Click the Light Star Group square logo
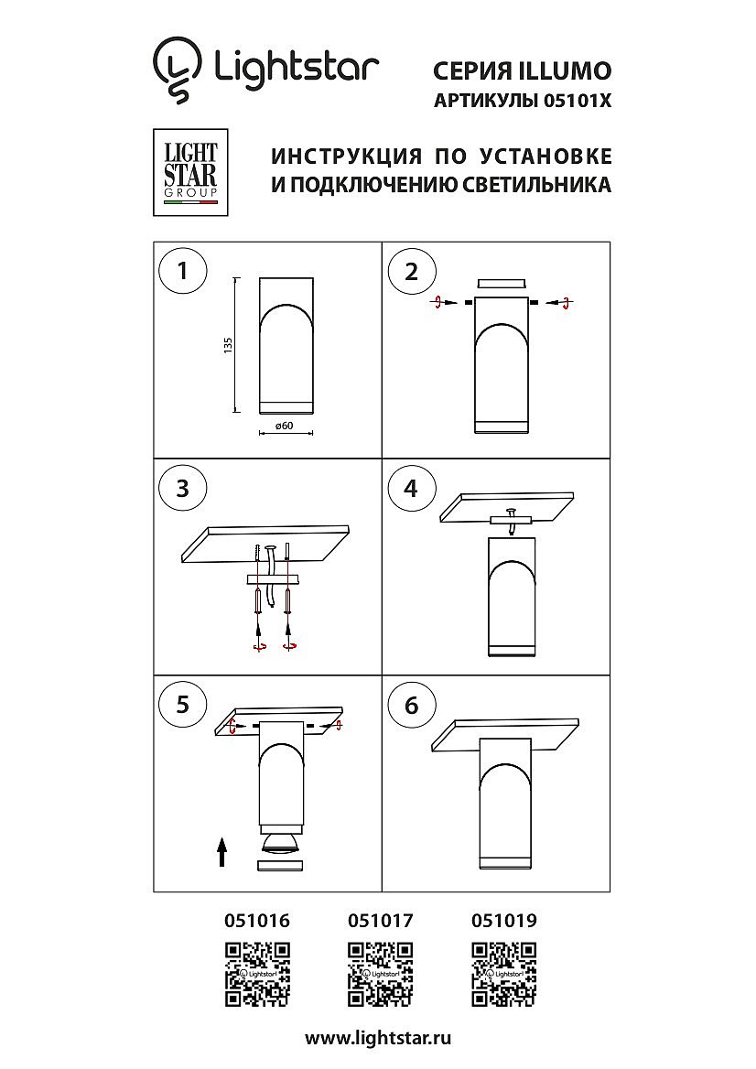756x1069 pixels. pos(190,172)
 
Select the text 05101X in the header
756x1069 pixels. pos(578,101)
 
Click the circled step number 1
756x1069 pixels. pos(182,271)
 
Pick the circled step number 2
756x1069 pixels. pos(411,271)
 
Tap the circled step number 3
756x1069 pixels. pos(182,488)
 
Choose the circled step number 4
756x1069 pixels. pos(411,488)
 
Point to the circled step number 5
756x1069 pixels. pos(182,704)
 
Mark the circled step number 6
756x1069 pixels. pos(411,704)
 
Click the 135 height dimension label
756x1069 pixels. pos(229,344)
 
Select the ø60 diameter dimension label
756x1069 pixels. pos(285,426)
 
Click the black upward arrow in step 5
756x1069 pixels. pos(222,852)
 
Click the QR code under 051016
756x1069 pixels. pos(258,974)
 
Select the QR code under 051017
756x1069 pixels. pos(381,974)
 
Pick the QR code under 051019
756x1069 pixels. pos(503,974)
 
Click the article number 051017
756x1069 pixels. pos(381,921)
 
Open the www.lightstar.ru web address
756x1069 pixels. pos(378,1039)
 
